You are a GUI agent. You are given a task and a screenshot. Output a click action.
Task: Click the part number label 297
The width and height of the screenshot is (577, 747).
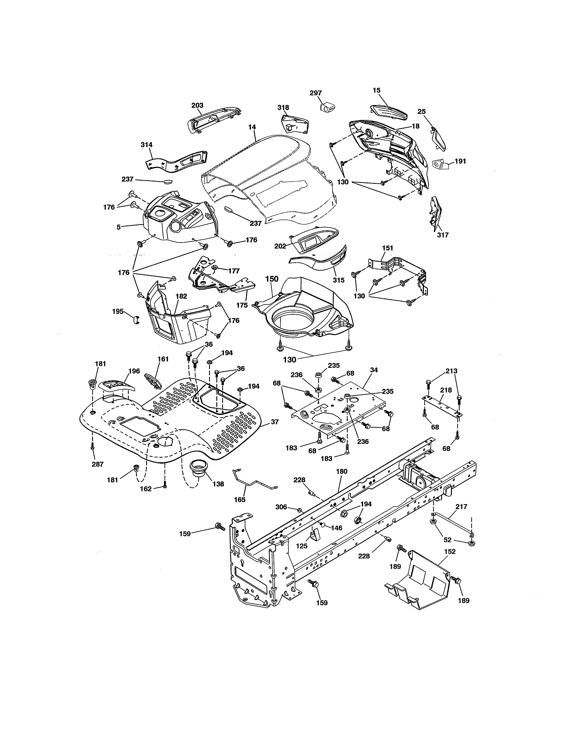(315, 93)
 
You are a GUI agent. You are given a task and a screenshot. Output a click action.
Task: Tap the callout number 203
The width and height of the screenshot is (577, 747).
(197, 105)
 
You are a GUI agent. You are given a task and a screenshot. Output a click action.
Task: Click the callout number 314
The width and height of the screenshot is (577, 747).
(146, 145)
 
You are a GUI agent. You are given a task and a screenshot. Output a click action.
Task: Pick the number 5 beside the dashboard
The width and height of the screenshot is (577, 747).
(119, 227)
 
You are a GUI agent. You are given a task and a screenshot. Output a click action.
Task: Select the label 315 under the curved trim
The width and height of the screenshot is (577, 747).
(339, 280)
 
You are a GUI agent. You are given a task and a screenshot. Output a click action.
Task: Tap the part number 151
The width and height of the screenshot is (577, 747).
(387, 248)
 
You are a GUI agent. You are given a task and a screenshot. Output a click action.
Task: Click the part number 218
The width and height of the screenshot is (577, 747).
(446, 390)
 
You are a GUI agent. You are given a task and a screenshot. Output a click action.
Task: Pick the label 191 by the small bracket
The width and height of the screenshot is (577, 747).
(460, 161)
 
